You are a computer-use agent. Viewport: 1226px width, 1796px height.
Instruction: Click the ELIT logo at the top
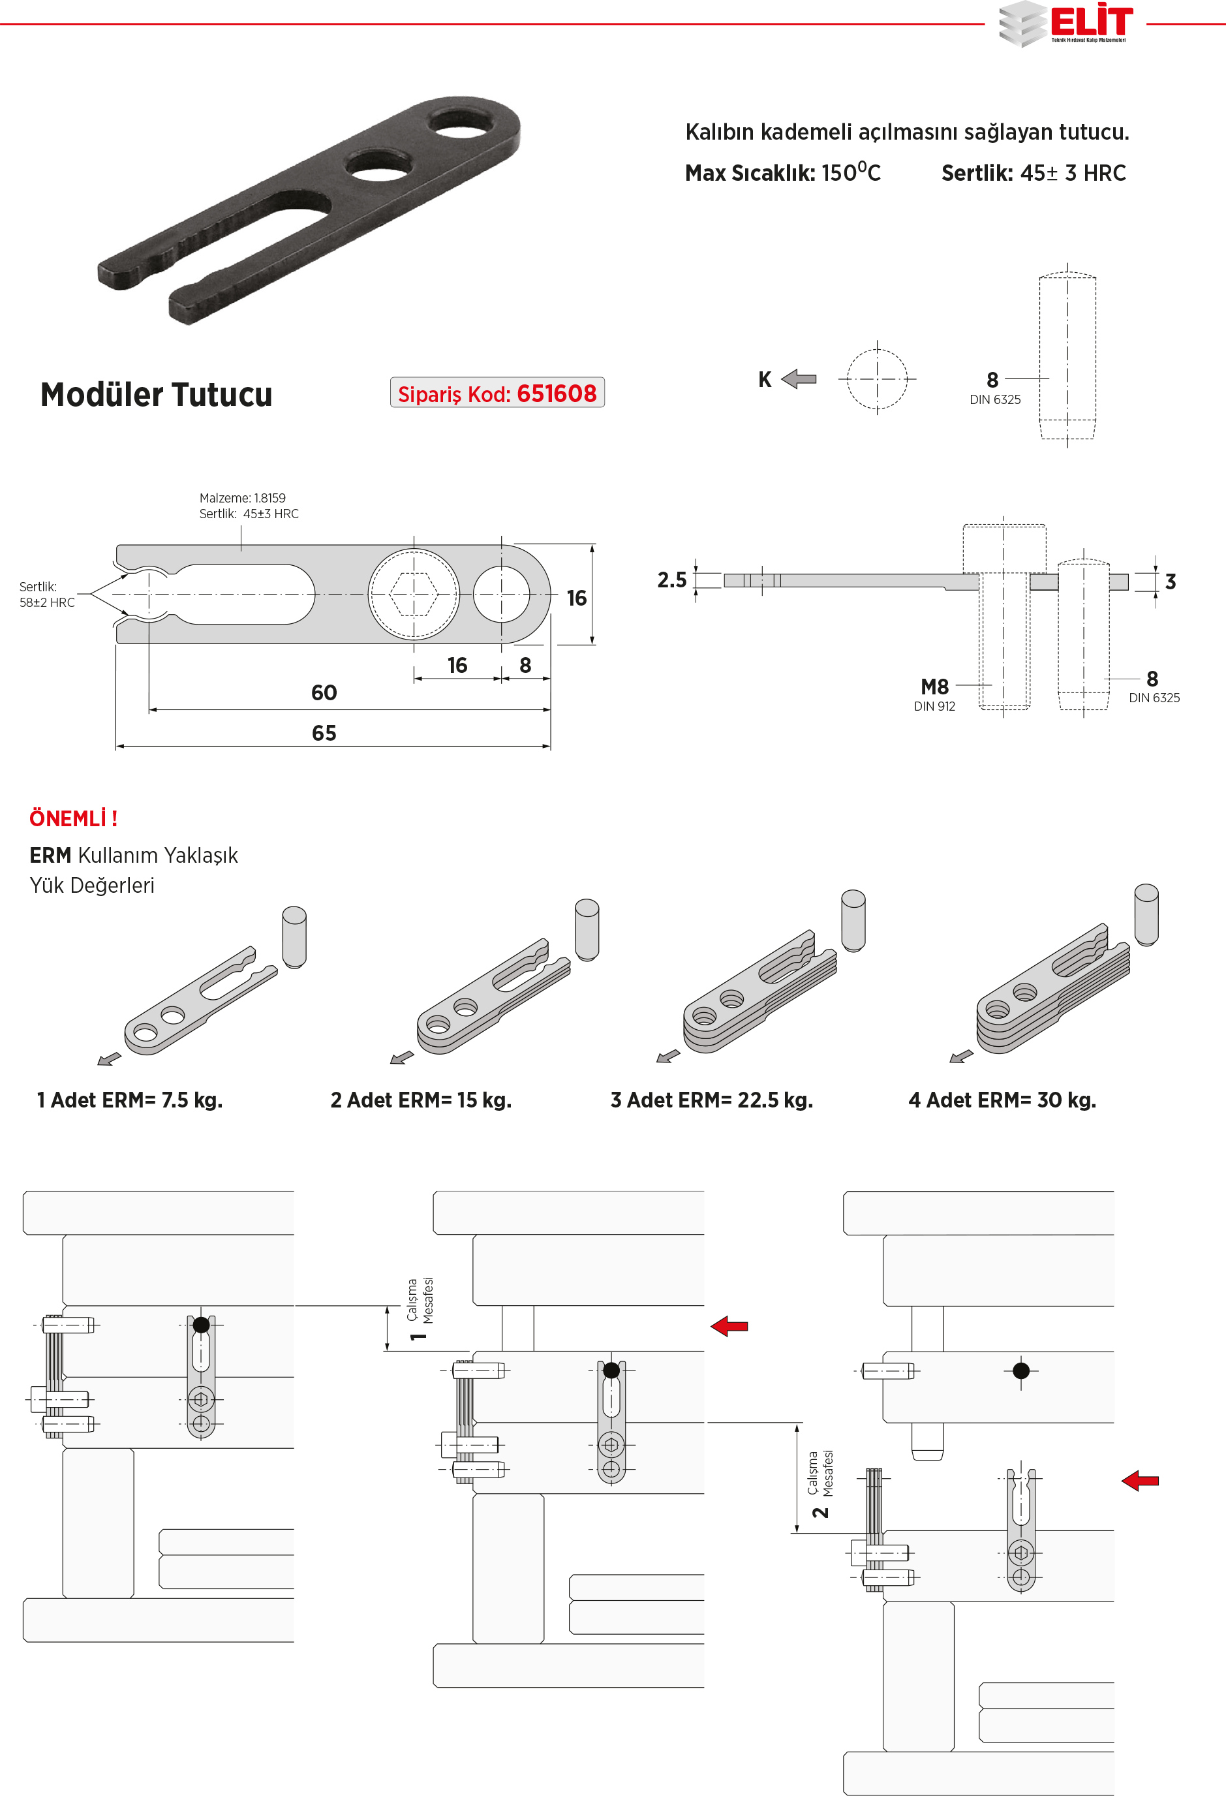(x=1065, y=23)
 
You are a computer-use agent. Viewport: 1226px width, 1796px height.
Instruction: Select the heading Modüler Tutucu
(x=156, y=395)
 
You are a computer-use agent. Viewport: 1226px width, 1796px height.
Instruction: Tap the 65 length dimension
(x=324, y=733)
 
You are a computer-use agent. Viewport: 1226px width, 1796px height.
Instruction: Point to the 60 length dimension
(x=324, y=692)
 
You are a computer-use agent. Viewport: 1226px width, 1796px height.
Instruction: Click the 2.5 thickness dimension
(x=671, y=580)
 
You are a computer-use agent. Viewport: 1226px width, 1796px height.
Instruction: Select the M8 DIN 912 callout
(x=935, y=693)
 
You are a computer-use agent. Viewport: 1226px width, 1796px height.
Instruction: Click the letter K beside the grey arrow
(x=764, y=379)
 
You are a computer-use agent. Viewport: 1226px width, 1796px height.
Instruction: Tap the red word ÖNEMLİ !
(x=73, y=818)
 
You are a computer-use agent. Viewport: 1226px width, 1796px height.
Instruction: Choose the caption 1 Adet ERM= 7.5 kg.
(x=130, y=1100)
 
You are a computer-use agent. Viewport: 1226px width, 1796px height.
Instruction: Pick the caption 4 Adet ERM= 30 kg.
(x=1002, y=1100)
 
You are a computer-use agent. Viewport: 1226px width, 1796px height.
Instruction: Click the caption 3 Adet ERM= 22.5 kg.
(x=711, y=1100)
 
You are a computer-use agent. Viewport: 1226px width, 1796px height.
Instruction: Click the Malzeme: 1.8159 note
(x=243, y=499)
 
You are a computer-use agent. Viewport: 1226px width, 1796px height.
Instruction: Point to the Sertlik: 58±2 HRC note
(x=46, y=595)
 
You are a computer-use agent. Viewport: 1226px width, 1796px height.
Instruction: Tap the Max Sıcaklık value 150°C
(x=851, y=172)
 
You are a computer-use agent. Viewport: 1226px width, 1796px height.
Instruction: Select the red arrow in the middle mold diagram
(x=729, y=1326)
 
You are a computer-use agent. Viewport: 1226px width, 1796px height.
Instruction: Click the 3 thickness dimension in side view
(x=1170, y=582)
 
